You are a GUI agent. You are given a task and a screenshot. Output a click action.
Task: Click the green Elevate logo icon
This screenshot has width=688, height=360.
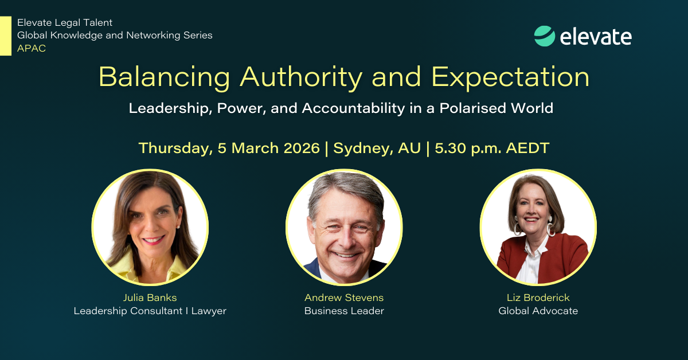point(545,36)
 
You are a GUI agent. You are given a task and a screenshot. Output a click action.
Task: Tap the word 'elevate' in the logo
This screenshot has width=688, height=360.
point(596,37)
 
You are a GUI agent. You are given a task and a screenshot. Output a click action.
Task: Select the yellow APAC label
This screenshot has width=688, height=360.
point(32,48)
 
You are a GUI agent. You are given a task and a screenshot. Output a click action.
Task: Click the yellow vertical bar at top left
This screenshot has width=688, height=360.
point(6,36)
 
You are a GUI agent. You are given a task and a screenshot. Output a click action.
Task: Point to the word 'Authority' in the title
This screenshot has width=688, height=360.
point(301,77)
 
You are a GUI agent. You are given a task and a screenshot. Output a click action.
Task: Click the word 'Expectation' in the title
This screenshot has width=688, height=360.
point(510,77)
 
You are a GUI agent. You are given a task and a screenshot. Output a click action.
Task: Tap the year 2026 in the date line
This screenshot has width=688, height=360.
point(302,148)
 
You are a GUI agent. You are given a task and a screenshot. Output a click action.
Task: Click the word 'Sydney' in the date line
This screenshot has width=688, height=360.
point(361,148)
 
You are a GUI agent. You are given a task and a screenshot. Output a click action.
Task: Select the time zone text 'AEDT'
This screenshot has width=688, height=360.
point(527,148)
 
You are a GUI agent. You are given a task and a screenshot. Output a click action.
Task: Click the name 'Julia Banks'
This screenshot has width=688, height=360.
point(150,298)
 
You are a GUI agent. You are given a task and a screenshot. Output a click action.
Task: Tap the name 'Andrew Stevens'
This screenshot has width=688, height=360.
point(344,298)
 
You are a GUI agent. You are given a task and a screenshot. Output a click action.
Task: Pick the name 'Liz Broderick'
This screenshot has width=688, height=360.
point(538,298)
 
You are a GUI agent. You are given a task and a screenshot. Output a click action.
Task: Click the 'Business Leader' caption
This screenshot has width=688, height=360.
point(344,311)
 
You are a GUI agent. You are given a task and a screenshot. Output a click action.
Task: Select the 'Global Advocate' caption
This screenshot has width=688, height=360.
point(538,311)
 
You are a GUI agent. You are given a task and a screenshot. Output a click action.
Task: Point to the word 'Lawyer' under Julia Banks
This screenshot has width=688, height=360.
point(209,311)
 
